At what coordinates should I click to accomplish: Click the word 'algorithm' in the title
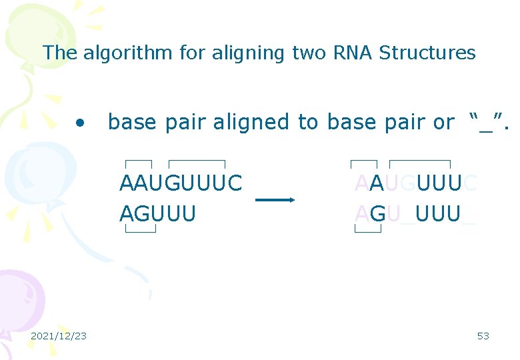(x=127, y=53)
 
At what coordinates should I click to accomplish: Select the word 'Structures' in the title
(x=427, y=53)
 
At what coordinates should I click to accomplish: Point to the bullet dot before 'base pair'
(x=81, y=123)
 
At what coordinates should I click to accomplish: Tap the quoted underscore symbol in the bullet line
(x=485, y=123)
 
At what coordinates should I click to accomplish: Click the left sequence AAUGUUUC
(x=180, y=183)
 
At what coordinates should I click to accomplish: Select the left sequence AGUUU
(x=157, y=214)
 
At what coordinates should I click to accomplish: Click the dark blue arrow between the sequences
(x=275, y=199)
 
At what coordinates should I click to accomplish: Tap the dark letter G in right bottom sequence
(x=377, y=214)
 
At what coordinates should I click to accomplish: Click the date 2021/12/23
(x=59, y=336)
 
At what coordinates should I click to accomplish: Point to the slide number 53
(x=483, y=336)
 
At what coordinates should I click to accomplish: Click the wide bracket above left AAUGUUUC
(x=197, y=163)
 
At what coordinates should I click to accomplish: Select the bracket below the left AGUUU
(x=141, y=230)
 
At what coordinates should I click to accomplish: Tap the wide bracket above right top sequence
(x=420, y=163)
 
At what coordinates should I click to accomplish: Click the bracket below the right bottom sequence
(x=368, y=230)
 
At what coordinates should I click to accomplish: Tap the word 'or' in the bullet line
(x=443, y=122)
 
